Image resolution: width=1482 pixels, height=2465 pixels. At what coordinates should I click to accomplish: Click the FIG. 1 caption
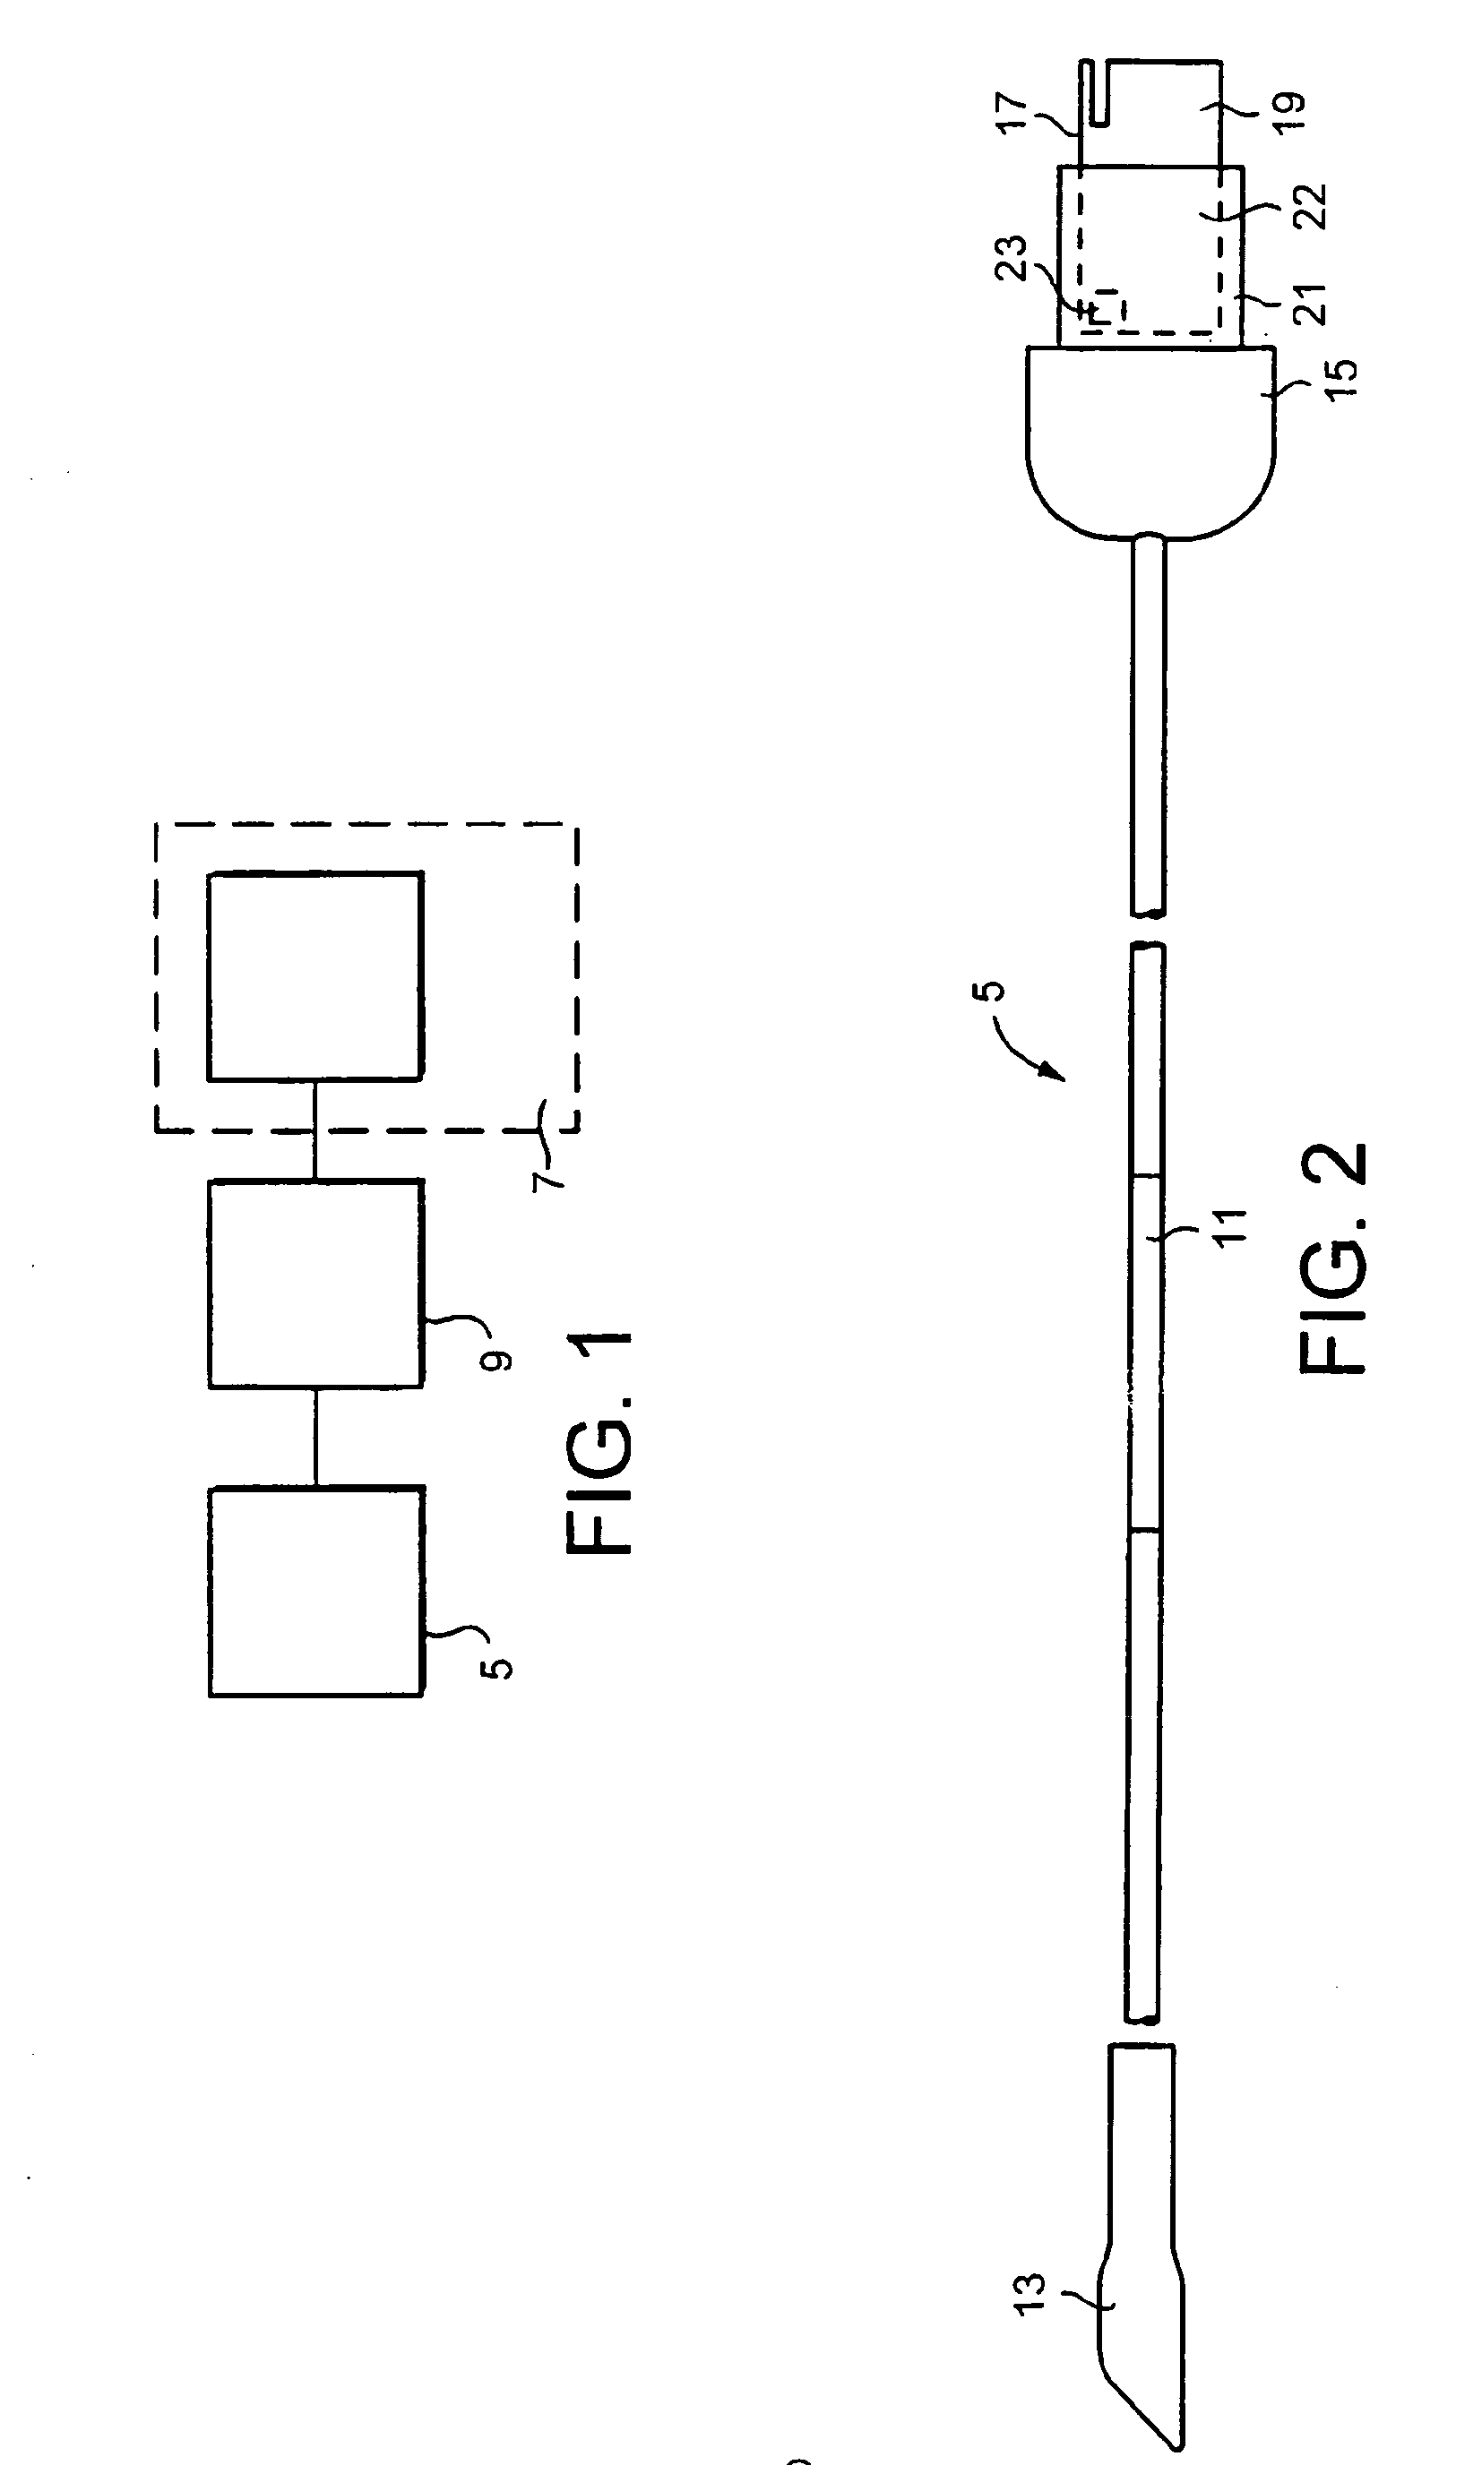coord(599,1443)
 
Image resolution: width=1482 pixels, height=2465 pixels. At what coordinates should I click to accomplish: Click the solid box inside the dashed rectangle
coord(314,975)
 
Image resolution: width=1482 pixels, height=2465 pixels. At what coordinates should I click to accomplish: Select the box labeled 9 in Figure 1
coord(314,1283)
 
